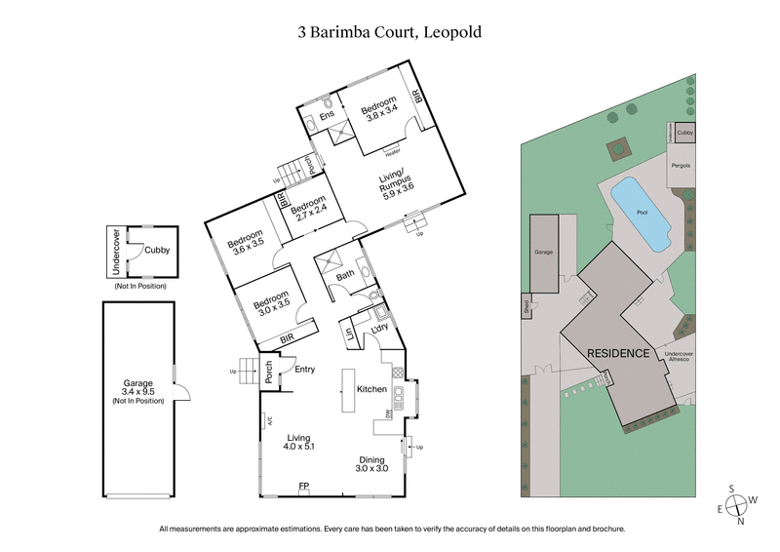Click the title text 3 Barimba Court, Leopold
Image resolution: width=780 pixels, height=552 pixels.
pyautogui.click(x=390, y=31)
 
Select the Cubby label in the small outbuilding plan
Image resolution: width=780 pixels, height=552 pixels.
pyautogui.click(x=157, y=250)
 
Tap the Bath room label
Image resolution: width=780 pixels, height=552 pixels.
pyautogui.click(x=346, y=276)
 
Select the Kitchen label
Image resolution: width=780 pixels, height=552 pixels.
pyautogui.click(x=372, y=389)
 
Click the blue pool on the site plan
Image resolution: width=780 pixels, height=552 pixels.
pyautogui.click(x=642, y=213)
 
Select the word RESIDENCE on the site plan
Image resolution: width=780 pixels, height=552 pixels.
pyautogui.click(x=617, y=353)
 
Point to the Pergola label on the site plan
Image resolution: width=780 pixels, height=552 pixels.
pyautogui.click(x=681, y=166)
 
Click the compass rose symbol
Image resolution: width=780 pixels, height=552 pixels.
pyautogui.click(x=740, y=503)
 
